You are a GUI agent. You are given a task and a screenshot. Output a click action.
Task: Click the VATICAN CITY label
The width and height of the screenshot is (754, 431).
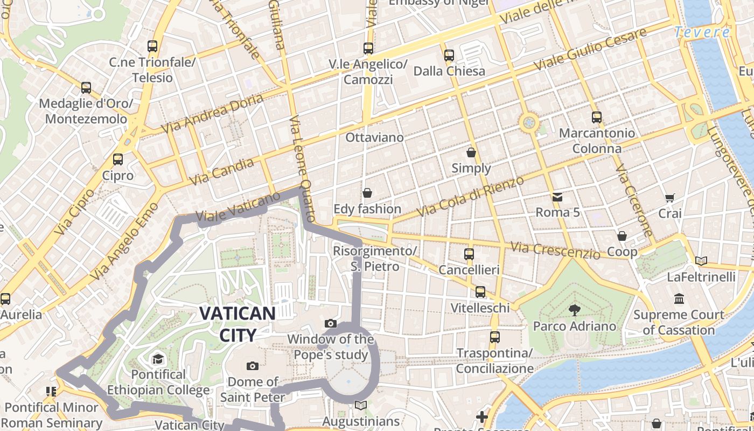[x=238, y=324]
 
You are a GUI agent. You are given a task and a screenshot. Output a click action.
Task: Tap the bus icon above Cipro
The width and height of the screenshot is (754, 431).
[x=118, y=159]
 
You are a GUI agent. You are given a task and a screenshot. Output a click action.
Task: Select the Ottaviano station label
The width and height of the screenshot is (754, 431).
[x=374, y=137]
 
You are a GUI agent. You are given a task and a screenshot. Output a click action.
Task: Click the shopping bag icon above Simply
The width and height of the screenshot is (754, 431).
[x=471, y=152]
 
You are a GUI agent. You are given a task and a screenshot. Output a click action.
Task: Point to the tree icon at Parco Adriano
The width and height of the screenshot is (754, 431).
[x=574, y=310]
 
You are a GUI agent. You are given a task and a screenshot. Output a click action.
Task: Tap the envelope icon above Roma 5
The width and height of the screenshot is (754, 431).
[x=557, y=197]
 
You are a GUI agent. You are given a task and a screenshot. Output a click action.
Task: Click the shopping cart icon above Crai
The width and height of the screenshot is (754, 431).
[x=669, y=198]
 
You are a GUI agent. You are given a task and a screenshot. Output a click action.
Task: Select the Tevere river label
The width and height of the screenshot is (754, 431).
[x=702, y=32]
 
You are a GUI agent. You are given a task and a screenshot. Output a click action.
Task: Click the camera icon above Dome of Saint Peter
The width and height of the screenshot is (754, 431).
[x=252, y=366]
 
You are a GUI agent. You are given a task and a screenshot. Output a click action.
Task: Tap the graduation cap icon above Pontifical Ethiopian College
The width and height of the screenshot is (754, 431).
[x=158, y=359]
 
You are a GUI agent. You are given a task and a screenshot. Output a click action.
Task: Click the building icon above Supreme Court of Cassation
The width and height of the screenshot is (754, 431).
[x=679, y=298]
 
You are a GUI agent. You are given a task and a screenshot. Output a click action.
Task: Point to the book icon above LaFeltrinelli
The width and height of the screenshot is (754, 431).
[x=701, y=261]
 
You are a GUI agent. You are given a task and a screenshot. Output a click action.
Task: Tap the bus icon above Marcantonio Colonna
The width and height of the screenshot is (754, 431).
[x=596, y=117]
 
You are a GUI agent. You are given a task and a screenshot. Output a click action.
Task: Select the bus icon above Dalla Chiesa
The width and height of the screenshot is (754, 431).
[x=449, y=55]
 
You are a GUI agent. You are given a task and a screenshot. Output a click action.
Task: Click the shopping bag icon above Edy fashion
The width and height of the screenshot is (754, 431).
[x=367, y=193]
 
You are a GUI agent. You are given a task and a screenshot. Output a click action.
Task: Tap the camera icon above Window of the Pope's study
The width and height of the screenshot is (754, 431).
[x=331, y=324]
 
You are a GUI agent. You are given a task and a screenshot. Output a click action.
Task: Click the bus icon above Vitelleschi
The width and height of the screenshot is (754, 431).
[x=480, y=292]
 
